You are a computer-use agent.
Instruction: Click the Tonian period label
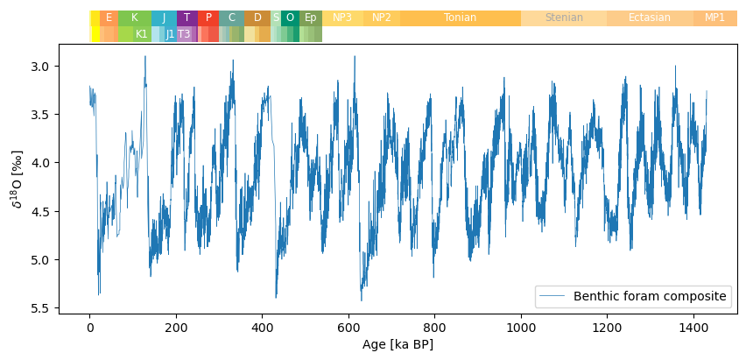click(x=460, y=18)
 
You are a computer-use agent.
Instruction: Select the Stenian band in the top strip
click(x=563, y=18)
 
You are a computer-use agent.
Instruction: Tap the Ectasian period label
click(x=649, y=18)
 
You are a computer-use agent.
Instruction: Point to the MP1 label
click(x=714, y=18)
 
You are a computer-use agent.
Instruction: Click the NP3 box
click(x=341, y=18)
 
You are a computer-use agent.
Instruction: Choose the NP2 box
click(x=381, y=18)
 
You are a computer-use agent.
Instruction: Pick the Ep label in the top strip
click(x=310, y=18)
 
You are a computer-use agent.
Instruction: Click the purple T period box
click(x=186, y=18)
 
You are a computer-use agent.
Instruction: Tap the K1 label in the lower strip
click(x=141, y=34)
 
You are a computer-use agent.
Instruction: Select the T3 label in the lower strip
click(x=184, y=34)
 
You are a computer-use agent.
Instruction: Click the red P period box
click(x=208, y=18)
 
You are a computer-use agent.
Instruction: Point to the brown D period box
click(x=257, y=18)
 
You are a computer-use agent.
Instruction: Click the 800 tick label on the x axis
click(x=434, y=328)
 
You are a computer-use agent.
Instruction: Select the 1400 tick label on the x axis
click(x=693, y=328)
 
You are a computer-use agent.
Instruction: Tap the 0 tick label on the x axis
click(x=89, y=328)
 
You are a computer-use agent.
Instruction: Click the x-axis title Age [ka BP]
click(x=398, y=345)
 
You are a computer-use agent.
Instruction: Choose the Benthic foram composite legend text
click(x=650, y=296)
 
